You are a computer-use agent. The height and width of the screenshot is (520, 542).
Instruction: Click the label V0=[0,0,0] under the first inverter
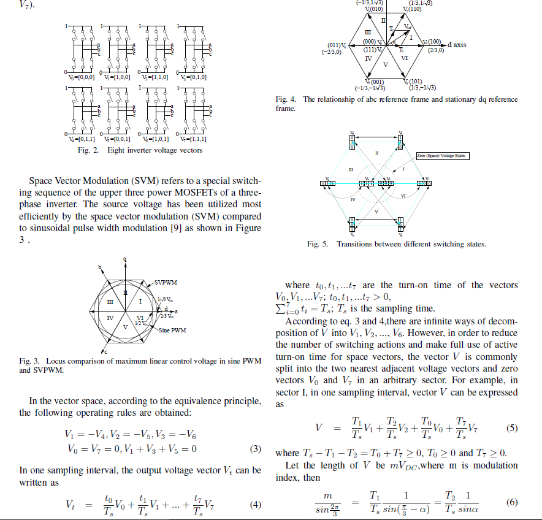point(81,77)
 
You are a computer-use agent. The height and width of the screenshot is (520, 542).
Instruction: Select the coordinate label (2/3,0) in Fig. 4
point(436,50)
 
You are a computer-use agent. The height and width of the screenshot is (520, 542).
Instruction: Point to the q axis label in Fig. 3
point(125,259)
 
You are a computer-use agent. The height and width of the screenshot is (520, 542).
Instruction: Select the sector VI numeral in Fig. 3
point(141,317)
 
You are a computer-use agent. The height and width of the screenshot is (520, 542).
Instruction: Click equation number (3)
point(256,448)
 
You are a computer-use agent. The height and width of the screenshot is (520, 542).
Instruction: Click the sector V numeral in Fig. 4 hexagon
point(385,64)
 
